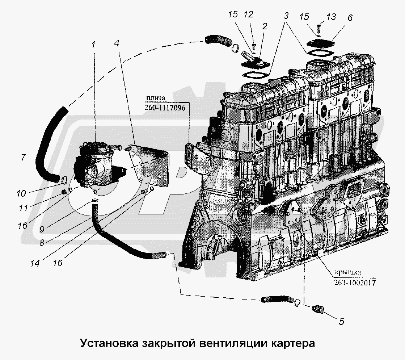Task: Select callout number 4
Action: click(117, 43)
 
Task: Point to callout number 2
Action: click(265, 26)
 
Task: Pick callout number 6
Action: click(350, 17)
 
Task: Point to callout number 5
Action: click(341, 321)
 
